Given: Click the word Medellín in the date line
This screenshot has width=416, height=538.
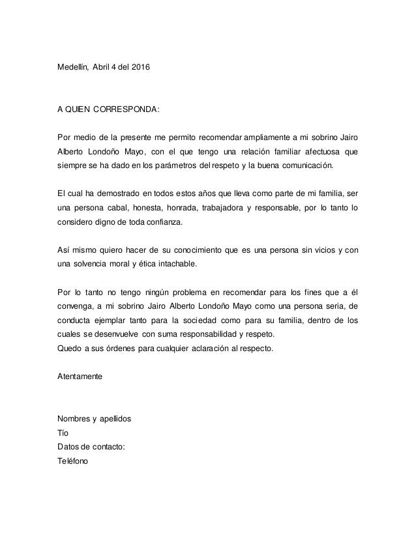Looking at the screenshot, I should click(x=72, y=67).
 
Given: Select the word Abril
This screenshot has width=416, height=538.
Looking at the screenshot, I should click(x=104, y=67).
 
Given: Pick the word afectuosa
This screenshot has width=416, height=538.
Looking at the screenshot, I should click(x=318, y=152).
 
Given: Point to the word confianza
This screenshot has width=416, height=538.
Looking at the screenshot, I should click(x=161, y=222).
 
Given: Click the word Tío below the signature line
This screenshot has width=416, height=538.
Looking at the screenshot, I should click(x=63, y=432).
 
